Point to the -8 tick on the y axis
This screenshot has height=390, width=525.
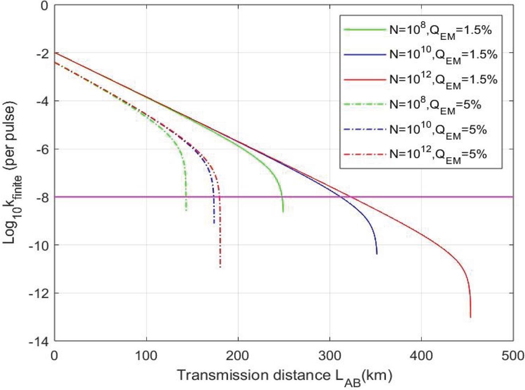point(41,197)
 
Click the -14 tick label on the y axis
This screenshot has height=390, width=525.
point(39,341)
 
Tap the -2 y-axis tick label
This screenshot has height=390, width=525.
point(41,53)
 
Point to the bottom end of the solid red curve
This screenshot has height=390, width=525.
point(470,317)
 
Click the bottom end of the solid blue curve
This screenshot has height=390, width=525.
point(376,254)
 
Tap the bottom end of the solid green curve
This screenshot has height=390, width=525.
point(283,212)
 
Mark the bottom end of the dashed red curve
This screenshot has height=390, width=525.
point(220,267)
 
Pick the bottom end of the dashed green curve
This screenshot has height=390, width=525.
point(186,210)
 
